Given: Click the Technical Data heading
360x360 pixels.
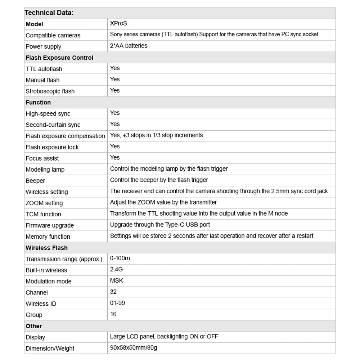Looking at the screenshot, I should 49,13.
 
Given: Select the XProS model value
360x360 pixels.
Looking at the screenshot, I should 118,23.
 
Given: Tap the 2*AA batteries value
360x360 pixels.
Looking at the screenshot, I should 129,46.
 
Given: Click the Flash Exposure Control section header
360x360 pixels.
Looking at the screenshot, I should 59,58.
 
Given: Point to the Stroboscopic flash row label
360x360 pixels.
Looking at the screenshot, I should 50,91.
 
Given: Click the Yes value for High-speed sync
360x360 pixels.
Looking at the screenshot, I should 115,113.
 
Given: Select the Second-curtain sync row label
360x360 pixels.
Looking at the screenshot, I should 53,125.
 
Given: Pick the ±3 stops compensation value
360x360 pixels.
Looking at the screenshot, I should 156,135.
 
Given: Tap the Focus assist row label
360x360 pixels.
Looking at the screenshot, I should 42,158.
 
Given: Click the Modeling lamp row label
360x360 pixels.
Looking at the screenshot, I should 45,169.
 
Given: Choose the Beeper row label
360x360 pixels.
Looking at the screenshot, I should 35,180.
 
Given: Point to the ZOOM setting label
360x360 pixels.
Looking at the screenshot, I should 44,203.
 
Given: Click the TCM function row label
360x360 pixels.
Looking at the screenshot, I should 43,214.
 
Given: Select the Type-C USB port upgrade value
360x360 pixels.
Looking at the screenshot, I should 160,225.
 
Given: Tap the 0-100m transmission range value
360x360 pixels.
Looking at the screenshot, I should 120,258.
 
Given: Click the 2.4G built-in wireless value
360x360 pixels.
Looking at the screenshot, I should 116,269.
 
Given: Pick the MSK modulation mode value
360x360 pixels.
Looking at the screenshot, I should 117,280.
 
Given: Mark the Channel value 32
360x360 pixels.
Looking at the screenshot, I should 113,292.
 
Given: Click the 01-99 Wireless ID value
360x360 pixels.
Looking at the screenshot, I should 117,303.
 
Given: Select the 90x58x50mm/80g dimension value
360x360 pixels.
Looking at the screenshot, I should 133,348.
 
